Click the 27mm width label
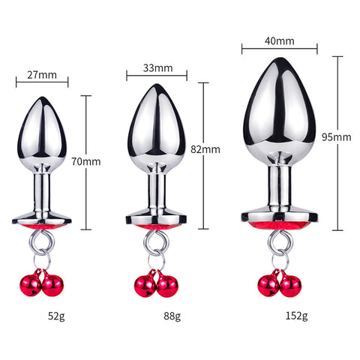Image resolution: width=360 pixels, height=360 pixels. pos(42,75)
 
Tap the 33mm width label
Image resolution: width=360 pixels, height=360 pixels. pos(157,68)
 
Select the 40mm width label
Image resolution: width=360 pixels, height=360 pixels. pos(280,41)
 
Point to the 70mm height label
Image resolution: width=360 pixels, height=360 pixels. pos(86,161)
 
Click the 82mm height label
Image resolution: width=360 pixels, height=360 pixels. pos(205,149)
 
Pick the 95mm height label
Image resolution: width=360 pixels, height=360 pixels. pos(336,137)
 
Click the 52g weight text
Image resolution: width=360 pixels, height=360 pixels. pos(56,316)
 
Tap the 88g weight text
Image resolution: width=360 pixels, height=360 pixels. pos(172,316)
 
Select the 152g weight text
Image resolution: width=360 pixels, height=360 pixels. pos(296,316)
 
